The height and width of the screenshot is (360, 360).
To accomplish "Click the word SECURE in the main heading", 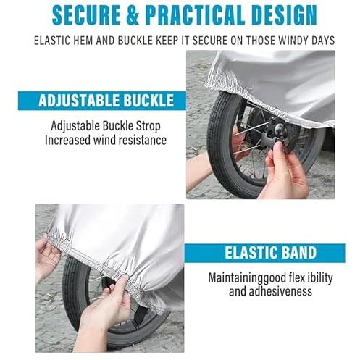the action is (x=86, y=14).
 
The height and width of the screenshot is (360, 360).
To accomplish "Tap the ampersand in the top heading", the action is (x=133, y=14).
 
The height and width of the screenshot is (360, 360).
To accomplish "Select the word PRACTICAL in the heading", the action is (x=194, y=14).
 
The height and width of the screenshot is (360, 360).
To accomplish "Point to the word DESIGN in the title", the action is (x=284, y=14).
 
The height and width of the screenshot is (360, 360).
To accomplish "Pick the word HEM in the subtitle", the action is (x=83, y=41).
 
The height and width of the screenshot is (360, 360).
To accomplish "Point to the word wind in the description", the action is (x=104, y=141).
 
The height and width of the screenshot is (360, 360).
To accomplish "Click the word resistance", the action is (x=141, y=141).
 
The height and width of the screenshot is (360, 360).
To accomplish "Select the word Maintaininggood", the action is (x=247, y=278).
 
